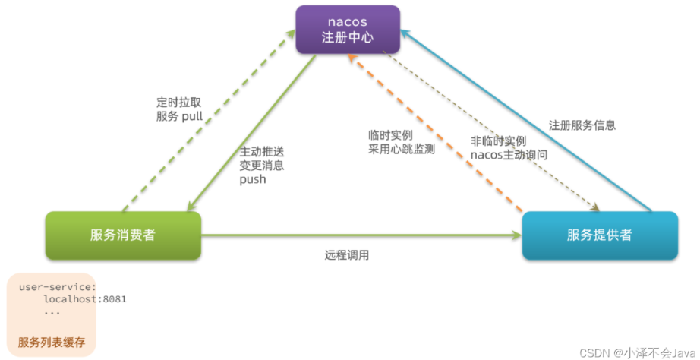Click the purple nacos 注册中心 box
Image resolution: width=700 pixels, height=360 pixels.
pyautogui.click(x=348, y=30)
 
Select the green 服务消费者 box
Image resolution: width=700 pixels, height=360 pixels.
pyautogui.click(x=123, y=235)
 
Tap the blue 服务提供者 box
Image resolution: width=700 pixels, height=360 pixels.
pyautogui.click(x=600, y=235)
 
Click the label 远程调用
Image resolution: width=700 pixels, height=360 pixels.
pyautogui.click(x=347, y=256)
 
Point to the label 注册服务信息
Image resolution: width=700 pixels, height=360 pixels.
pyautogui.click(x=582, y=125)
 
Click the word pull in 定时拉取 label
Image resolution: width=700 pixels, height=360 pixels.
pyautogui.click(x=192, y=117)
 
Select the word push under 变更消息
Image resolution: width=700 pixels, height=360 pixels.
pyautogui.click(x=253, y=179)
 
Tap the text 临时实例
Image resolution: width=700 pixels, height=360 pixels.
pyautogui.click(x=390, y=135)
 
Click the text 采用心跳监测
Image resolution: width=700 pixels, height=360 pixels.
pyautogui.click(x=402, y=150)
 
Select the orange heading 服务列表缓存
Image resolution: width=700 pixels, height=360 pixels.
pyautogui.click(x=52, y=343)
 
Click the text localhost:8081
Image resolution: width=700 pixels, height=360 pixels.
pyautogui.click(x=85, y=299)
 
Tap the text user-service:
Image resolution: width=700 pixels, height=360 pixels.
pyautogui.click(x=58, y=287)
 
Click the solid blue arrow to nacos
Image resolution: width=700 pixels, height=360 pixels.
pyautogui.click(x=525, y=120)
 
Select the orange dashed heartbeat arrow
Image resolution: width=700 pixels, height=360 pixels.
pyautogui.click(x=435, y=133)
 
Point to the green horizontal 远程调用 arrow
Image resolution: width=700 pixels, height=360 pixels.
pyautogui.click(x=361, y=235)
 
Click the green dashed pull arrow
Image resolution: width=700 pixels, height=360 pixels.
pyautogui.click(x=209, y=120)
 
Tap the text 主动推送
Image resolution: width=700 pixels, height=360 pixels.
pyautogui.click(x=262, y=150)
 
